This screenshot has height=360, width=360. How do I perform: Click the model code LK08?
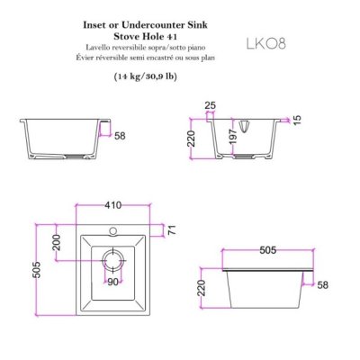click(265, 44)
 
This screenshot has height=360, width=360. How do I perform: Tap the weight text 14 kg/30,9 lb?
click(145, 76)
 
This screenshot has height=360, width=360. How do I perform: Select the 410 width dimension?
click(113, 205)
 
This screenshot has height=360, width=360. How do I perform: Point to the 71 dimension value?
click(172, 230)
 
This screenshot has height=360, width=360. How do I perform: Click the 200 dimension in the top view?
click(57, 242)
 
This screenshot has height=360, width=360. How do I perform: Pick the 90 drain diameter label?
click(112, 282)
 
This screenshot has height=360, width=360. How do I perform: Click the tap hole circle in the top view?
click(113, 230)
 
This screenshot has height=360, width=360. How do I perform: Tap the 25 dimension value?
click(211, 105)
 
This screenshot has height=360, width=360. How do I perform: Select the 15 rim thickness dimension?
click(296, 120)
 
